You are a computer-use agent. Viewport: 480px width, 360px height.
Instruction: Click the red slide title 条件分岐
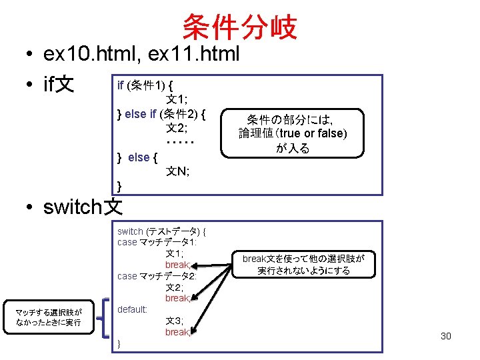pyautogui.click(x=239, y=27)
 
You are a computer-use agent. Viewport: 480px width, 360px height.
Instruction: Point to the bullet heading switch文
pyautogui.click(x=83, y=207)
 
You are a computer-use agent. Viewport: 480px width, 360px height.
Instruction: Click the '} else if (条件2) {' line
pyautogui.click(x=161, y=114)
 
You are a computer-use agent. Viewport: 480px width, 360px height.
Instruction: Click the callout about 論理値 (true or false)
pyautogui.click(x=293, y=134)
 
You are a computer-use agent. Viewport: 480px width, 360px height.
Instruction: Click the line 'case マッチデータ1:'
pyautogui.click(x=157, y=242)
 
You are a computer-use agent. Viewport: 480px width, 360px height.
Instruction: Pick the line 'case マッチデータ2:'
pyautogui.click(x=157, y=276)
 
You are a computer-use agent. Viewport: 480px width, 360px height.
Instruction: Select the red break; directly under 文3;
pyautogui.click(x=177, y=332)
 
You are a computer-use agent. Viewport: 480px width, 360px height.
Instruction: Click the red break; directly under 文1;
pyautogui.click(x=177, y=265)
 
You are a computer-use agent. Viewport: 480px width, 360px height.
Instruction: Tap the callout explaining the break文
pyautogui.click(x=308, y=264)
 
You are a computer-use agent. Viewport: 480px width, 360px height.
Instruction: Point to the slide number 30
pyautogui.click(x=445, y=336)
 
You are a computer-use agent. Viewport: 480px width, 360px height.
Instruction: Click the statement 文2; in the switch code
pyautogui.click(x=175, y=287)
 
